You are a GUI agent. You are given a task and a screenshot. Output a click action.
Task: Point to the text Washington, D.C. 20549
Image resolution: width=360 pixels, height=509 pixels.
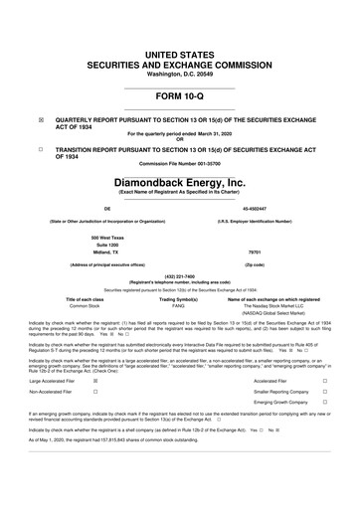click(x=180, y=46)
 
